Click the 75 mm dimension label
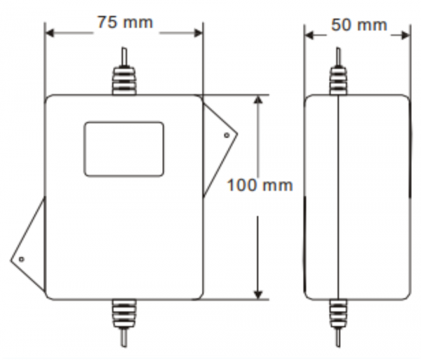125,22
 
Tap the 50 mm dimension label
359,25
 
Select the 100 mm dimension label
260,185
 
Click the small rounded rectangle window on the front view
124,149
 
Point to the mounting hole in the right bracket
227,135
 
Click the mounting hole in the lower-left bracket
22,260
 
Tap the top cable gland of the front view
124,80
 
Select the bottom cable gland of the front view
124,314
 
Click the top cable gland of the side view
338,80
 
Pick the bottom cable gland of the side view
338,314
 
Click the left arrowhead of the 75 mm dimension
50,33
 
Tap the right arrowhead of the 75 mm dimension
198,33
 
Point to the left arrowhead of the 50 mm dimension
309,35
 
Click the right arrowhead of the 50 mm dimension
406,35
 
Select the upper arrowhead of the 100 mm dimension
258,100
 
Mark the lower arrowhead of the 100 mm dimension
258,295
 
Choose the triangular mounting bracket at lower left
28,244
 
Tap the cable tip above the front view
124,56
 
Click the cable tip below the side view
338,338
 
